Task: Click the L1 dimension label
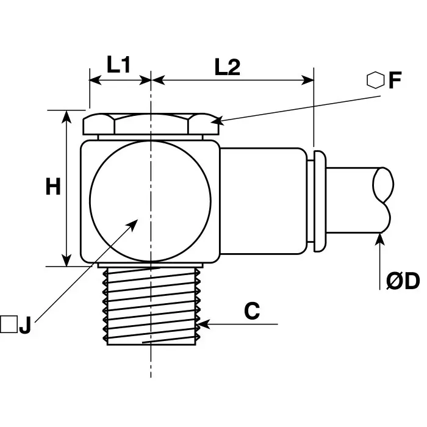click(x=118, y=65)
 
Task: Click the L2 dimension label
click(x=228, y=66)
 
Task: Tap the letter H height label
click(x=53, y=186)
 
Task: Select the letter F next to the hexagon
click(x=395, y=81)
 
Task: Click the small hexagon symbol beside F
click(x=375, y=80)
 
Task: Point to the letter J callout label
click(x=25, y=325)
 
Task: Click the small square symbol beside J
click(x=9, y=325)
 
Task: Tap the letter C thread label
click(x=252, y=311)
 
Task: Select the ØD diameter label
click(x=403, y=281)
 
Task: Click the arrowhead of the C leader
click(x=203, y=324)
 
